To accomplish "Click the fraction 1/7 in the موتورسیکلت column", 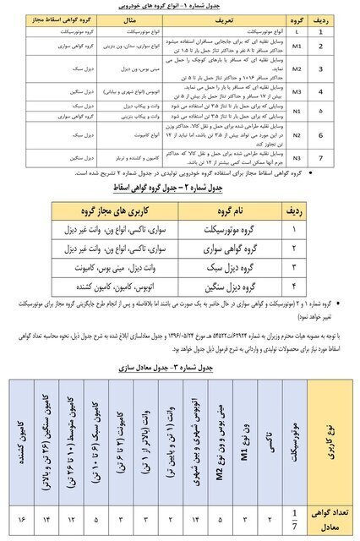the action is pyautogui.click(x=293, y=516).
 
